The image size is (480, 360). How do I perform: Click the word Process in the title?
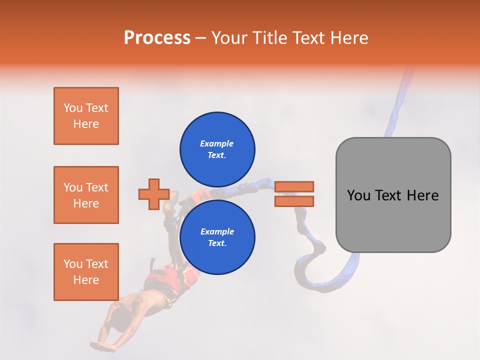(157, 38)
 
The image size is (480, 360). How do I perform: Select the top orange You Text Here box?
(86, 116)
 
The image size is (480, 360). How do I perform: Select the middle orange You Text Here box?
(86, 195)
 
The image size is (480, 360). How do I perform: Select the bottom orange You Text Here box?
(86, 272)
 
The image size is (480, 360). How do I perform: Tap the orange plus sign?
(153, 194)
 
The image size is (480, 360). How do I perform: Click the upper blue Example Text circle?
(217, 149)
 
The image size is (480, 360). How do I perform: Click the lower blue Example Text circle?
(217, 237)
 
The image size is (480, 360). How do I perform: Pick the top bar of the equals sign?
(294, 186)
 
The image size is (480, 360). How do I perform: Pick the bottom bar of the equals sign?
(294, 201)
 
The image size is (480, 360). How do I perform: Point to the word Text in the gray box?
(388, 195)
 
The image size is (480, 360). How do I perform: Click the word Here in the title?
(349, 38)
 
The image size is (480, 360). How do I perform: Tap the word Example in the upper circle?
(216, 143)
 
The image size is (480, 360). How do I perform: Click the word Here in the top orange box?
(86, 124)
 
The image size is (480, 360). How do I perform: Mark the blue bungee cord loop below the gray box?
(320, 270)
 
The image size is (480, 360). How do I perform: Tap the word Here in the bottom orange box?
(86, 280)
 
